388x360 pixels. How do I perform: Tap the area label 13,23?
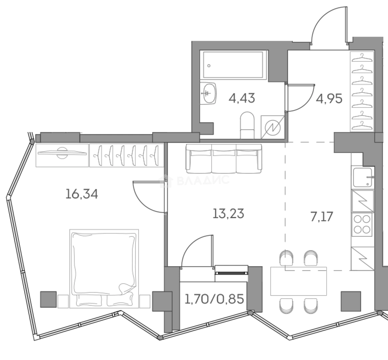coord(228,214)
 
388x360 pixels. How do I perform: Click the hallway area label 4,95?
coord(329,99)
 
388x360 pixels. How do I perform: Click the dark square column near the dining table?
coord(351,301)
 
